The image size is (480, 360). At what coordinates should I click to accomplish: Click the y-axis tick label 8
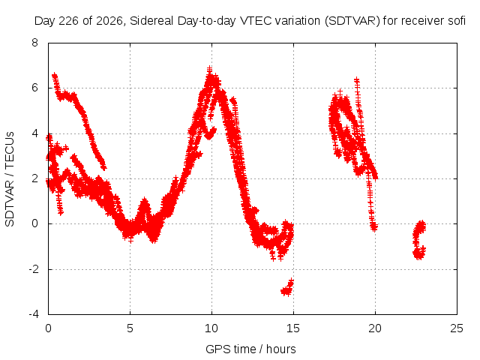tap(34, 43)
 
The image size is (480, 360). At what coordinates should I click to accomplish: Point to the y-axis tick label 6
tap(34, 88)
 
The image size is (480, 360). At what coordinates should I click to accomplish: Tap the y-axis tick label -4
tap(34, 314)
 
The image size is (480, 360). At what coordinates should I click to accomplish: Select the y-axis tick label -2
tap(34, 269)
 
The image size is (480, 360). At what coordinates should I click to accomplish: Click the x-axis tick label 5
tap(130, 328)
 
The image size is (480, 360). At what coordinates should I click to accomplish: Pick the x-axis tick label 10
tap(211, 328)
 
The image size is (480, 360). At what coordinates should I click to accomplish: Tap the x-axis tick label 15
tap(293, 328)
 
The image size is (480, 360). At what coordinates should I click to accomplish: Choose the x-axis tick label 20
tap(375, 328)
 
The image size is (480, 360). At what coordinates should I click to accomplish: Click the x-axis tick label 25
tap(457, 328)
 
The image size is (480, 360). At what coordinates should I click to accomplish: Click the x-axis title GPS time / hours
tap(250, 349)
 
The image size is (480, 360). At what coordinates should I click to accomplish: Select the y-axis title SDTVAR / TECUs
tap(10, 179)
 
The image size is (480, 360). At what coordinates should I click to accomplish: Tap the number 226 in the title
tap(69, 21)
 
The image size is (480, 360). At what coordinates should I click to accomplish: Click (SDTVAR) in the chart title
tap(352, 21)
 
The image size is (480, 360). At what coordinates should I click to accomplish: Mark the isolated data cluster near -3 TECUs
tap(287, 288)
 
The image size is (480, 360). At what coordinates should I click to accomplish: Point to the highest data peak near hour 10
tap(209, 68)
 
